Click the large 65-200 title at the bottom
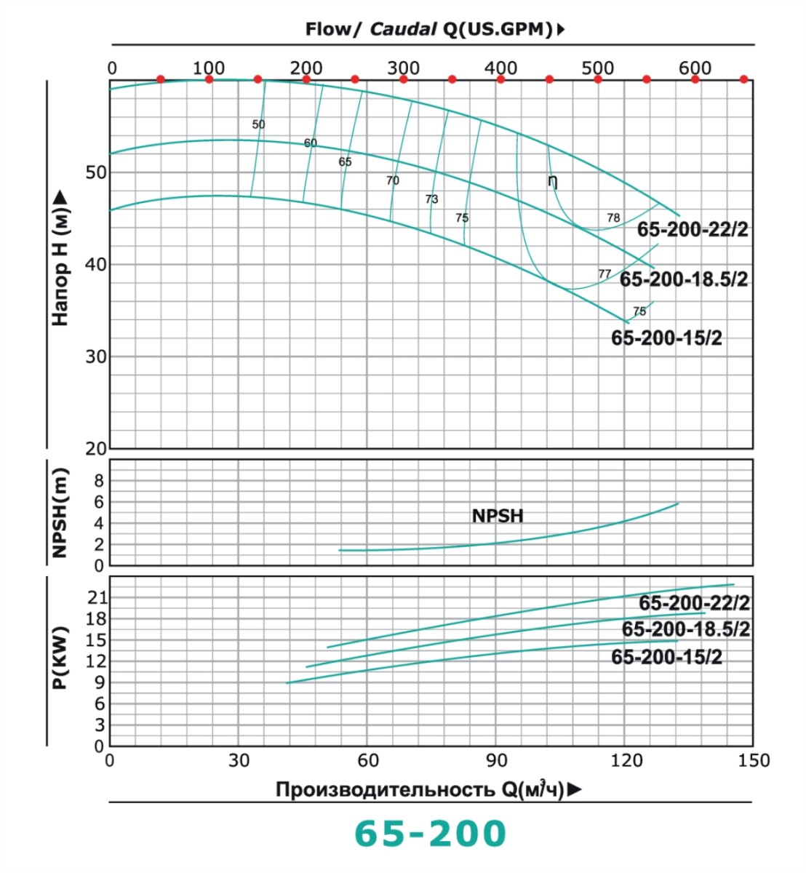click(x=430, y=833)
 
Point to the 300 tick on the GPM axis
click(x=403, y=68)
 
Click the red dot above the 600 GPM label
click(x=695, y=79)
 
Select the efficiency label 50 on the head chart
click(x=258, y=124)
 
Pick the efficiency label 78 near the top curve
click(x=613, y=218)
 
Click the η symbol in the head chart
click(x=553, y=180)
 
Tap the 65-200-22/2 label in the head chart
click(x=692, y=229)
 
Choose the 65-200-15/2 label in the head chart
click(x=666, y=338)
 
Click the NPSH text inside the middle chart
click(x=498, y=516)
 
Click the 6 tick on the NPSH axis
click(x=99, y=502)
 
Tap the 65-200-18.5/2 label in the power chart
click(x=685, y=629)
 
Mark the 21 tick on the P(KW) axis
click(x=97, y=597)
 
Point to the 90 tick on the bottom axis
click(x=497, y=761)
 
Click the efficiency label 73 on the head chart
click(x=431, y=199)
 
